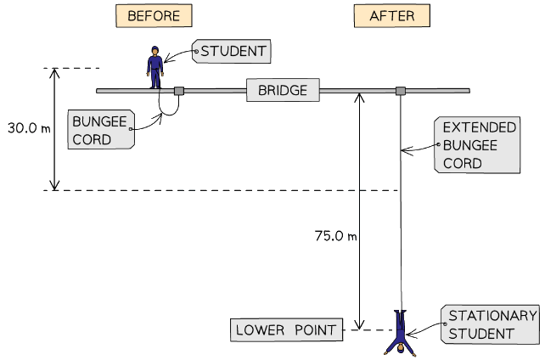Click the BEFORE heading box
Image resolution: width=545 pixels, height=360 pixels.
(x=153, y=16)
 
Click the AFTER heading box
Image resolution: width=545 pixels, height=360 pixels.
(x=391, y=16)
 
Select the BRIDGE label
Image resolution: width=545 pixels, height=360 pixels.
(x=283, y=89)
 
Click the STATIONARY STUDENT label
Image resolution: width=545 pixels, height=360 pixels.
(x=491, y=324)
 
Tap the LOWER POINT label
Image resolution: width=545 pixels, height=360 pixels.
(x=285, y=329)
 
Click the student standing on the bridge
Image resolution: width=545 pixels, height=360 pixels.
(x=155, y=67)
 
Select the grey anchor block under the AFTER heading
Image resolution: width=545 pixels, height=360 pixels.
(x=401, y=91)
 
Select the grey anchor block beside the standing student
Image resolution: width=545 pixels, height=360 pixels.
(x=179, y=91)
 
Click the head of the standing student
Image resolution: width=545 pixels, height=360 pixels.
(x=155, y=50)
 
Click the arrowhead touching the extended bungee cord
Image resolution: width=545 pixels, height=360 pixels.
(x=405, y=152)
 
